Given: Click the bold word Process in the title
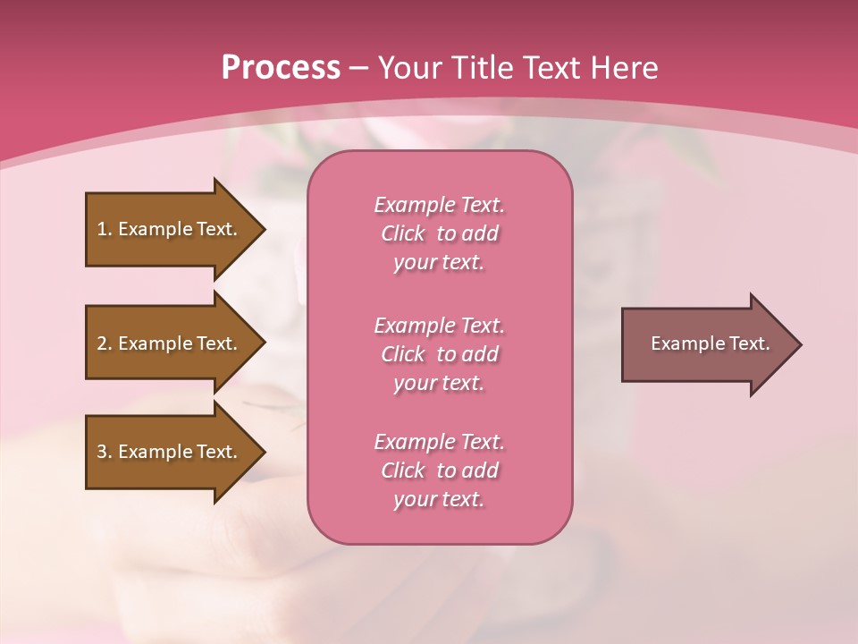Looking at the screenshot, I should (x=281, y=68).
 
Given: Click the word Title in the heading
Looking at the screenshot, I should (x=481, y=68).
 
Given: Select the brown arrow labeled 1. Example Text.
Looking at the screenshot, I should (x=170, y=229).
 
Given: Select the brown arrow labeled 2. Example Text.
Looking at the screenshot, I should (x=170, y=343).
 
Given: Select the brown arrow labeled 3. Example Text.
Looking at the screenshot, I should (x=170, y=452).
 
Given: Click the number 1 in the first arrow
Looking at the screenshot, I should (x=102, y=229).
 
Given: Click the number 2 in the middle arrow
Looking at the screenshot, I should (x=102, y=343).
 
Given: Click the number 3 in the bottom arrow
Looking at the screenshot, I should (x=102, y=452).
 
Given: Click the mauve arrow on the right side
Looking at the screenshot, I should (x=706, y=344).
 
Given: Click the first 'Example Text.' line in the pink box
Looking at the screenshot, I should (x=439, y=205).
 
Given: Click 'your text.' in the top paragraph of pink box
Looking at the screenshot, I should (x=439, y=263).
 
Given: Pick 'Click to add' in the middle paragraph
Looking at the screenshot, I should (x=439, y=354).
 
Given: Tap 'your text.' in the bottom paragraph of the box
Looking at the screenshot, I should (x=439, y=500).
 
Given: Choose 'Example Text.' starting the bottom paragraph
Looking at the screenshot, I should (x=439, y=442).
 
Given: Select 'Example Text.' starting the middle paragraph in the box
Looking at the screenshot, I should (x=439, y=326).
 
